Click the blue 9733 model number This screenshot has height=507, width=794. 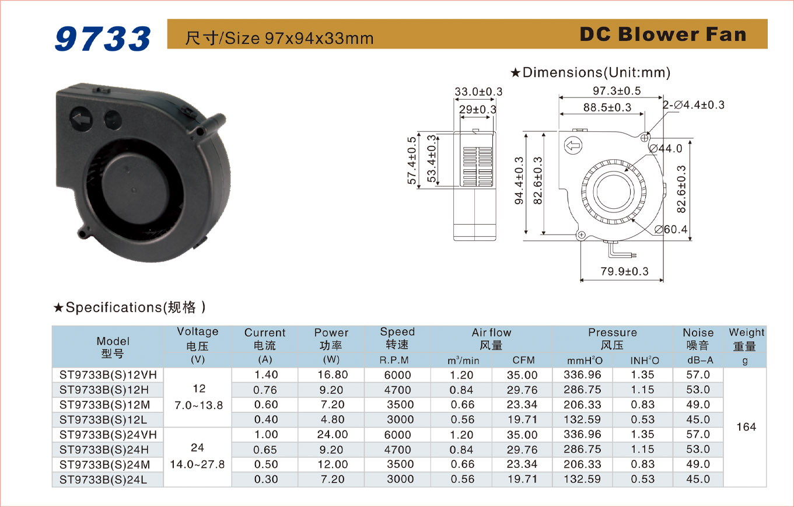pos(103,39)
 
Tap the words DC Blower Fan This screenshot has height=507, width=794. pos(663,34)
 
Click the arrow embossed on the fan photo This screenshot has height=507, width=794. pos(82,119)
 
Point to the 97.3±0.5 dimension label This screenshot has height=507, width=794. pos(617,91)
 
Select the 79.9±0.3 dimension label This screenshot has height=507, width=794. pos(624,271)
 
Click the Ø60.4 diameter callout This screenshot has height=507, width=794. pos(671,229)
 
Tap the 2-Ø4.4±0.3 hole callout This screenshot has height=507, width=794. pos(694,105)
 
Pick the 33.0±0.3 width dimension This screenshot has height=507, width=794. pos(478,92)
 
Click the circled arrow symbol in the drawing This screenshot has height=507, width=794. pos(573,145)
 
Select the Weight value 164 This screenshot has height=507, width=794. pos(746,427)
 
